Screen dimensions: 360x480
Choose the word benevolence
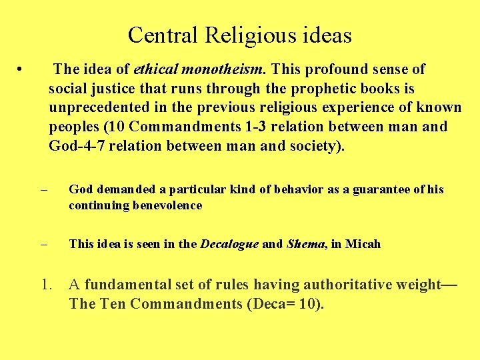(x=169, y=205)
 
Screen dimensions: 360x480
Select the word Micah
(x=363, y=244)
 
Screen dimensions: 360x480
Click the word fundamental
(x=126, y=285)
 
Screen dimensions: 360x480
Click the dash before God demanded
(x=44, y=190)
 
